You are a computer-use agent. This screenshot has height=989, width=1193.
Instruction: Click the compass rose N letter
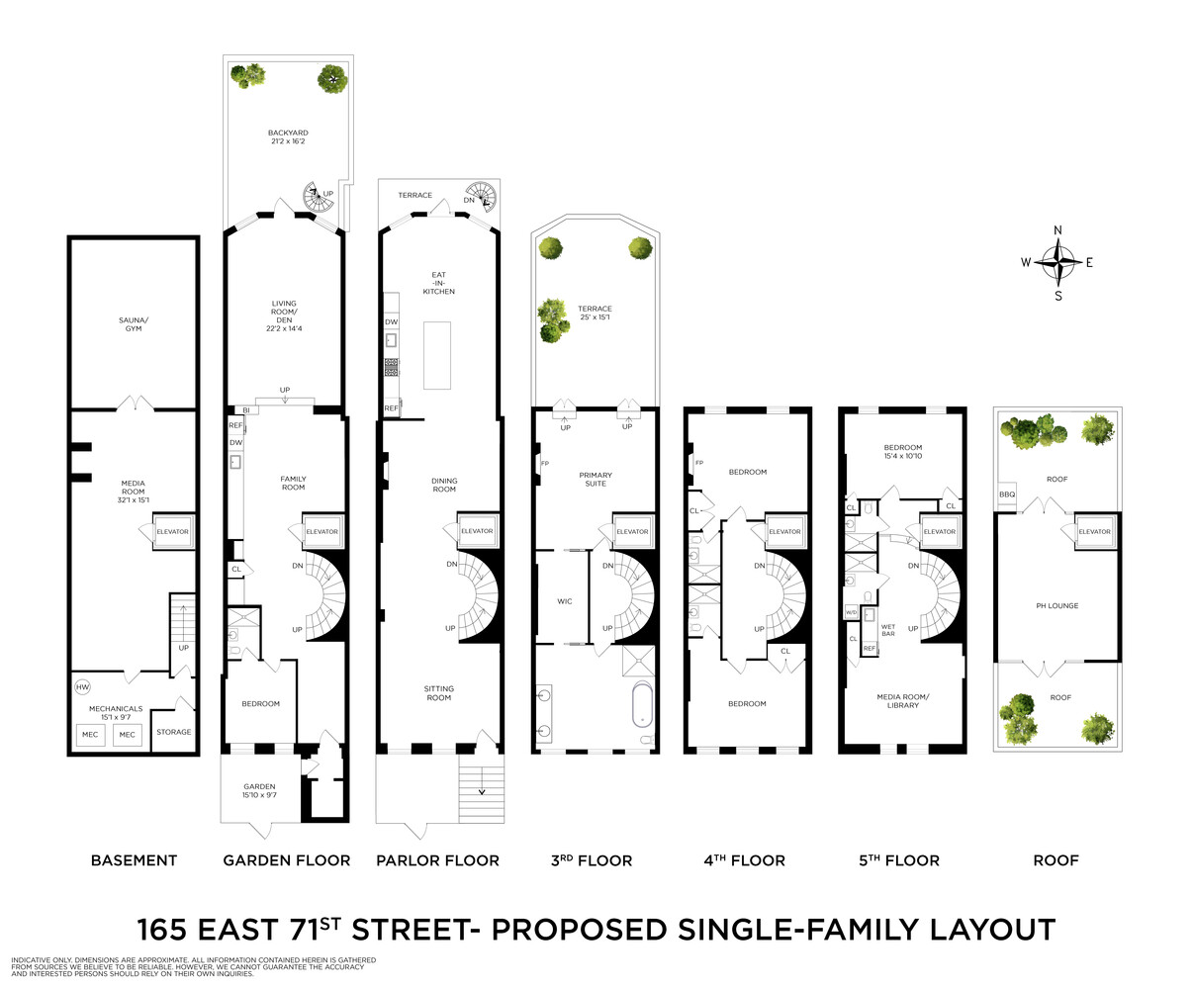point(1057,230)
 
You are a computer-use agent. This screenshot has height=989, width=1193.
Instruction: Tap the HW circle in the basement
point(82,686)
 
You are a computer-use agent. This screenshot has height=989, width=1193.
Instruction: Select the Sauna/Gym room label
point(134,323)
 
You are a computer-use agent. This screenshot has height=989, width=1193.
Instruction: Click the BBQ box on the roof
point(1007,494)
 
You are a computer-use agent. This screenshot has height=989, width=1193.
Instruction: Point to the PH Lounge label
point(1057,606)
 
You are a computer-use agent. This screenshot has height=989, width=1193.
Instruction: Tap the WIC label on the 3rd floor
point(565,601)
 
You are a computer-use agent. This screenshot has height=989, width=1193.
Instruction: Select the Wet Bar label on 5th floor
point(887,630)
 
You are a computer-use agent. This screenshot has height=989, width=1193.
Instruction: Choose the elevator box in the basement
point(171,532)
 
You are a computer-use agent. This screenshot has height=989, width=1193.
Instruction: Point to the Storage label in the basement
point(174,732)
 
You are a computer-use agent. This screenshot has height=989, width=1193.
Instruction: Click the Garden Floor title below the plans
point(287,860)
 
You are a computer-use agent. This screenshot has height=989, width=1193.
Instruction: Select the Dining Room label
point(444,486)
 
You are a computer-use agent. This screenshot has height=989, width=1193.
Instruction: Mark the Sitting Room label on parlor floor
point(438,693)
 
